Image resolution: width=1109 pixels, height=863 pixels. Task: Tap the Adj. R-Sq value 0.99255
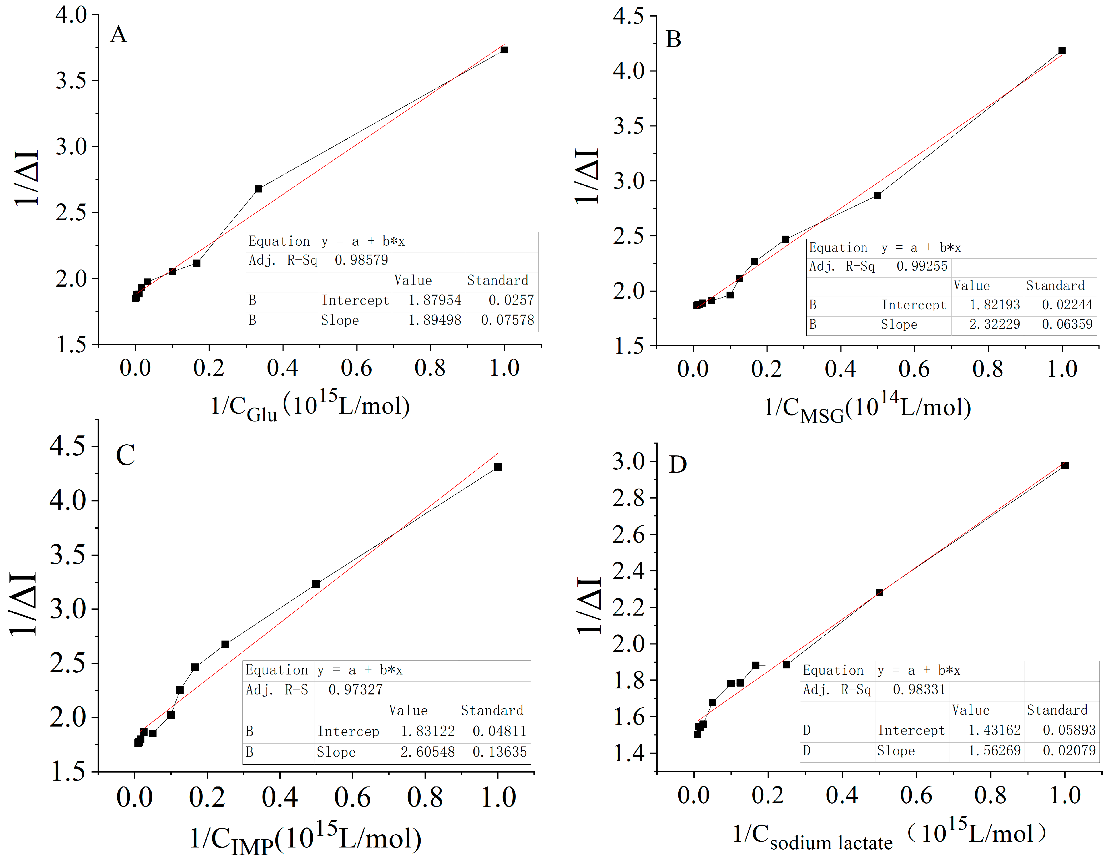coord(922,266)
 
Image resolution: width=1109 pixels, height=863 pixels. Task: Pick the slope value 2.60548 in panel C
coord(427,752)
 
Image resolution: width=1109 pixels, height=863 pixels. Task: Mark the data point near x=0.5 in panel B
coord(878,195)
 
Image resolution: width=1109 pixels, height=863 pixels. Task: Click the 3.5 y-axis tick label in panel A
coord(71,80)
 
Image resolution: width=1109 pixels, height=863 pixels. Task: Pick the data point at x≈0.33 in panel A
coord(259,189)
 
